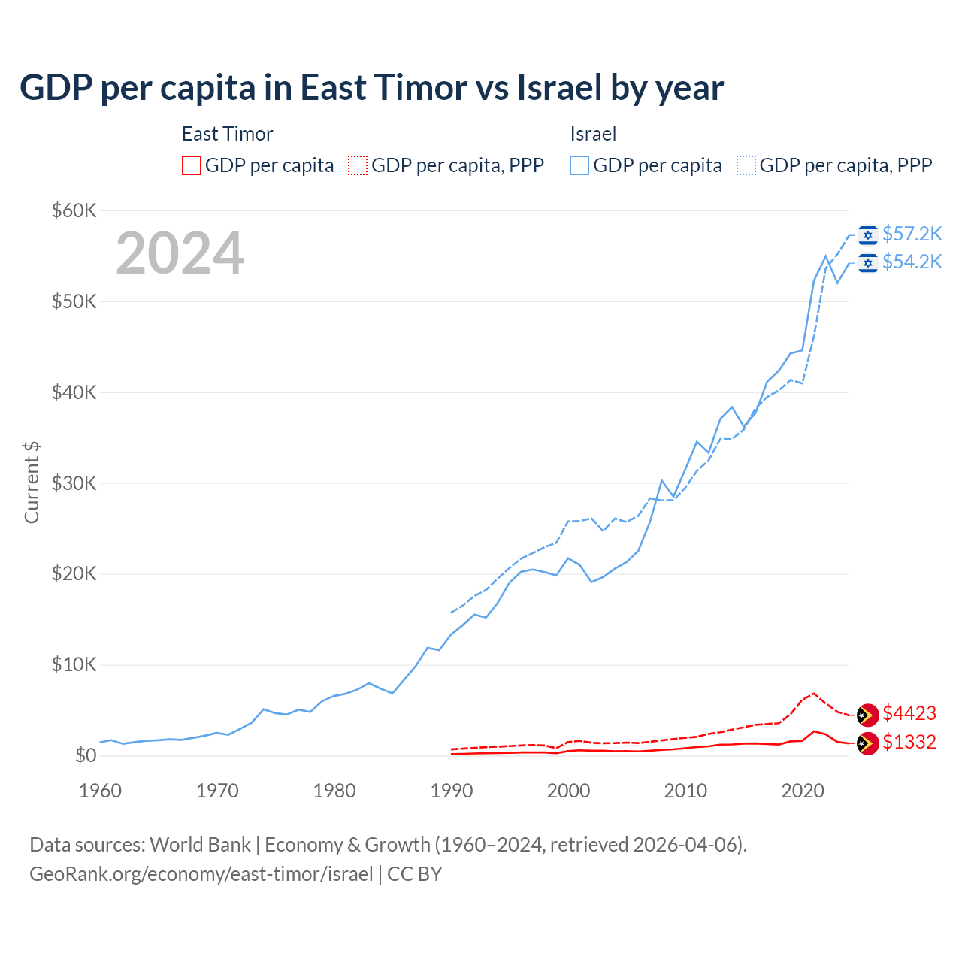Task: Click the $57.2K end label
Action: pyautogui.click(x=912, y=234)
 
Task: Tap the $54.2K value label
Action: pyautogui.click(x=912, y=262)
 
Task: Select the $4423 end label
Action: pyautogui.click(x=909, y=713)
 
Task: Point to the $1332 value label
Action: pyautogui.click(x=909, y=743)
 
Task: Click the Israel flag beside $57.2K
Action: pyautogui.click(x=868, y=235)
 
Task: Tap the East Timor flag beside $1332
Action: pyautogui.click(x=868, y=743)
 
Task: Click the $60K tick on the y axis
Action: pyautogui.click(x=74, y=210)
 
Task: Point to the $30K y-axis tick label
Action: pyautogui.click(x=74, y=483)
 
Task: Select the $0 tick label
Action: pyautogui.click(x=86, y=756)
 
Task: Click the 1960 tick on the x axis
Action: pyautogui.click(x=100, y=791)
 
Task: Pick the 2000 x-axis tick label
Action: pyautogui.click(x=569, y=791)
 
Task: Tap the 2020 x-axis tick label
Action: pyautogui.click(x=803, y=791)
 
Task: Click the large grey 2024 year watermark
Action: pyautogui.click(x=180, y=253)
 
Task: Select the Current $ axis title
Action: pyautogui.click(x=32, y=483)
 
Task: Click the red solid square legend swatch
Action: pyautogui.click(x=192, y=165)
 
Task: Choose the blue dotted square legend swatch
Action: pyautogui.click(x=746, y=165)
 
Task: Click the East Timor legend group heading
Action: pyautogui.click(x=227, y=134)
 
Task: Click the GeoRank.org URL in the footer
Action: pyautogui.click(x=201, y=874)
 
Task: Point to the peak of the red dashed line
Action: pyautogui.click(x=814, y=693)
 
